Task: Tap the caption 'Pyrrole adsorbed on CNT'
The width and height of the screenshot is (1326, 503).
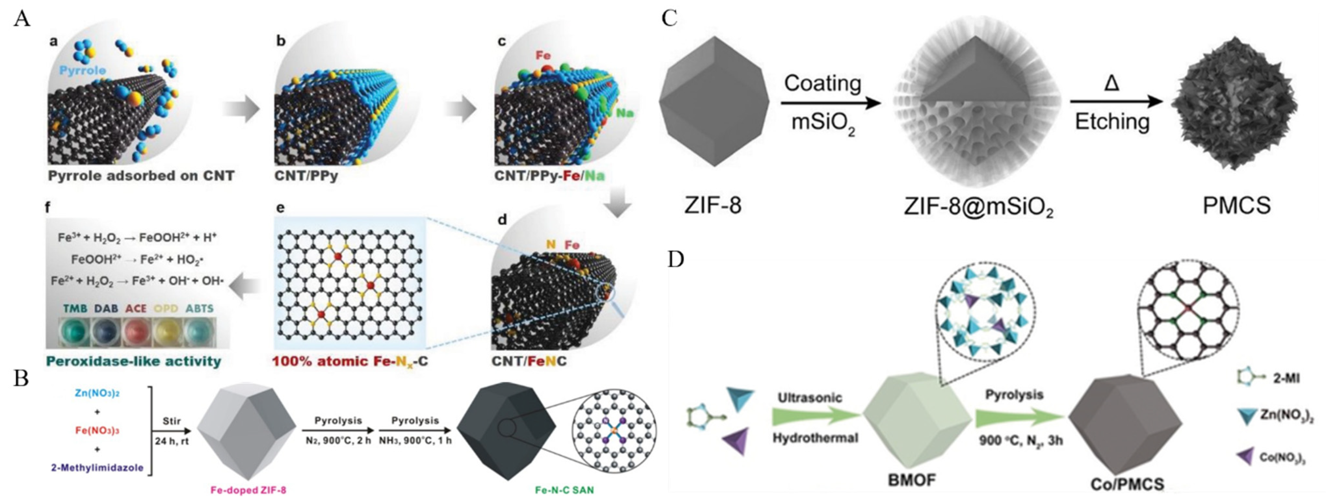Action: click(141, 176)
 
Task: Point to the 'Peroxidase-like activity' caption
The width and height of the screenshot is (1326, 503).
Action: click(133, 361)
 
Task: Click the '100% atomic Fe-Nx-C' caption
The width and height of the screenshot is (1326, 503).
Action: click(350, 361)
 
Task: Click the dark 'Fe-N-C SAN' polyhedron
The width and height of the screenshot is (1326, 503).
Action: click(506, 431)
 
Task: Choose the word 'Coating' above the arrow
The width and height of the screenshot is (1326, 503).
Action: click(822, 83)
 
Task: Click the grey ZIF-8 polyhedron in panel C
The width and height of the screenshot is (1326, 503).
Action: click(714, 102)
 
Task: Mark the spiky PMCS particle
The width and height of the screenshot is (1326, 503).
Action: click(1234, 103)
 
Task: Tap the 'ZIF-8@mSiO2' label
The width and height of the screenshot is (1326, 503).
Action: click(978, 207)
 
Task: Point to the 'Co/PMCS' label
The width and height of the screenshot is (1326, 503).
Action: click(1127, 484)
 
